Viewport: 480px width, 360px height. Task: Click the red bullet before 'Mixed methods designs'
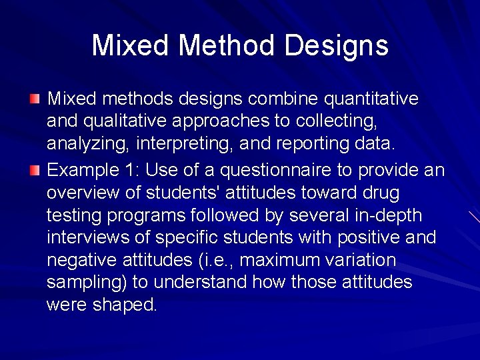click(x=35, y=99)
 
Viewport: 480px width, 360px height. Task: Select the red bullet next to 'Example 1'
click(x=35, y=170)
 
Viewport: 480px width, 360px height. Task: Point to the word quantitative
click(x=371, y=99)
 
